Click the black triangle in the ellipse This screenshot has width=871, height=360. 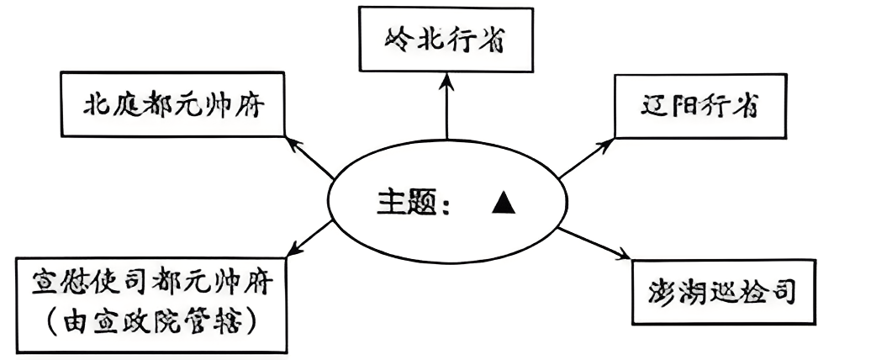pos(503,203)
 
